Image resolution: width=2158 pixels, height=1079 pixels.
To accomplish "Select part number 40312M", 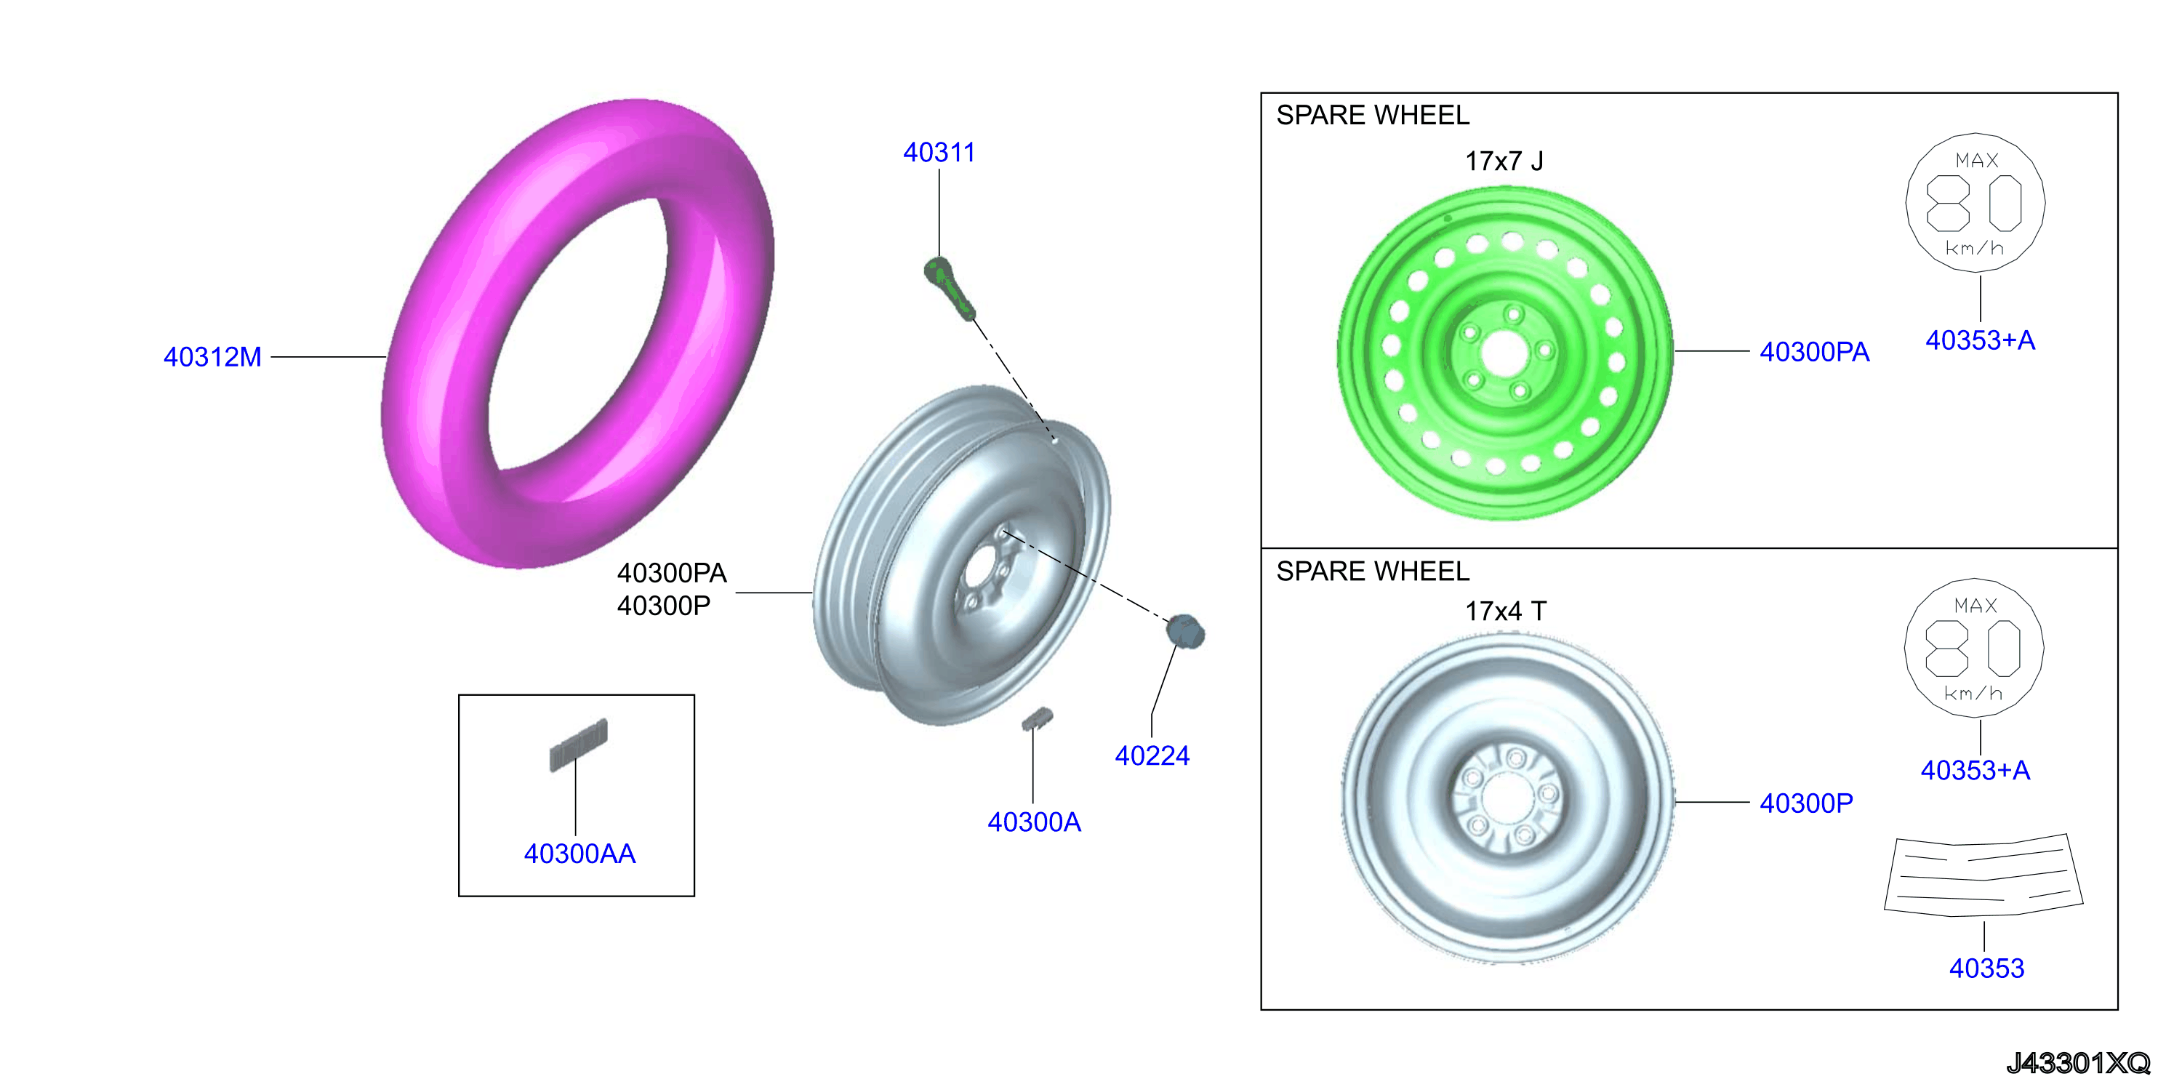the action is (213, 357).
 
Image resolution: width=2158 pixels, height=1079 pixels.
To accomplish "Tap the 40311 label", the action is (939, 153).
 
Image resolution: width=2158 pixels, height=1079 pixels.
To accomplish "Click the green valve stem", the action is (949, 288).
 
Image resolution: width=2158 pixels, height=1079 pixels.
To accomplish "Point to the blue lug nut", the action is (1185, 630).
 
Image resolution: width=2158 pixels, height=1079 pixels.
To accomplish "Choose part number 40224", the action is (1152, 755).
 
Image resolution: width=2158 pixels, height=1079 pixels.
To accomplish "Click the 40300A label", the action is (1034, 822).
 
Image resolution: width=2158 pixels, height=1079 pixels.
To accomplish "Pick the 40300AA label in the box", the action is (579, 854).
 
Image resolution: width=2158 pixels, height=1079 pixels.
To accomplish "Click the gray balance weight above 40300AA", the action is (578, 745).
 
